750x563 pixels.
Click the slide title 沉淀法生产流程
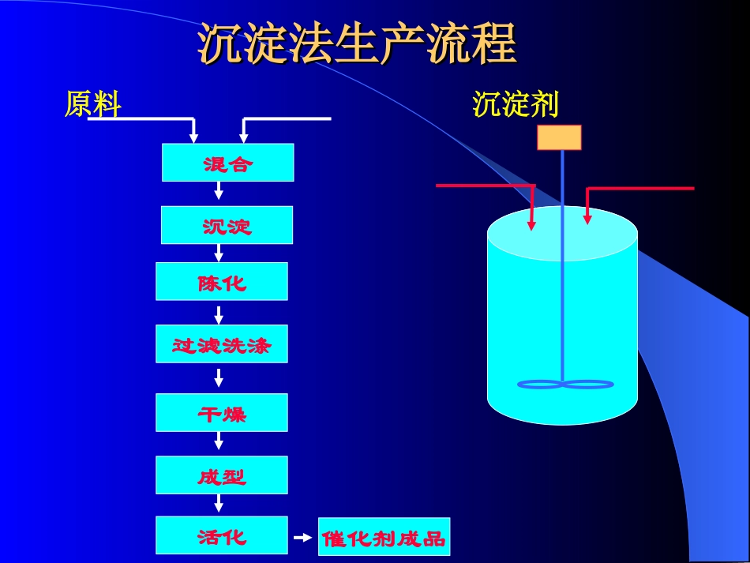click(357, 43)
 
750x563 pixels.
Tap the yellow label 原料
click(93, 104)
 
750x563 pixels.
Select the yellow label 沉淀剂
click(515, 104)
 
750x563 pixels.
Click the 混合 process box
click(227, 163)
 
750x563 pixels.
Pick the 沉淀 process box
click(227, 225)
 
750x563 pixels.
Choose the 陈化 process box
click(222, 282)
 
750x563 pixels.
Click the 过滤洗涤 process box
click(222, 344)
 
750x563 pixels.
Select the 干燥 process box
click(222, 412)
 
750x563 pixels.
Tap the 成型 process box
click(222, 475)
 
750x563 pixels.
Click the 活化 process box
click(222, 536)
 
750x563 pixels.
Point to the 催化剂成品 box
click(384, 538)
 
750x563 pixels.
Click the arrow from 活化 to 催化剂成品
click(303, 538)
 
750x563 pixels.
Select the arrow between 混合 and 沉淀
click(219, 192)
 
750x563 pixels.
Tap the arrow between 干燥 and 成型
click(219, 441)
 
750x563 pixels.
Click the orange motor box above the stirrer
click(559, 137)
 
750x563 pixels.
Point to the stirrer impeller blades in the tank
click(564, 385)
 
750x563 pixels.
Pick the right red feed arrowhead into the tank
click(587, 218)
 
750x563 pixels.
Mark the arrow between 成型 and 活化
click(219, 503)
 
